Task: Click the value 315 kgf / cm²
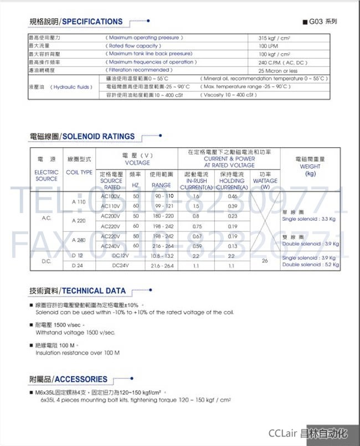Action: coord(275,38)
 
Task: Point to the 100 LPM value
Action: coord(269,46)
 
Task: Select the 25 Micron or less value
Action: coord(278,71)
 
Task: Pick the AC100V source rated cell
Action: coord(111,196)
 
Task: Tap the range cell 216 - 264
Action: coord(162,246)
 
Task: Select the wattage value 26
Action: coord(265,260)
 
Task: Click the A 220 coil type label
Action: coord(79,221)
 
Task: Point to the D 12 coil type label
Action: coord(78,256)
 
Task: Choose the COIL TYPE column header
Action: coord(79,172)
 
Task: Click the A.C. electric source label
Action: coord(47,217)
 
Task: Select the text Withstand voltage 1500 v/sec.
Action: coord(75,333)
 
